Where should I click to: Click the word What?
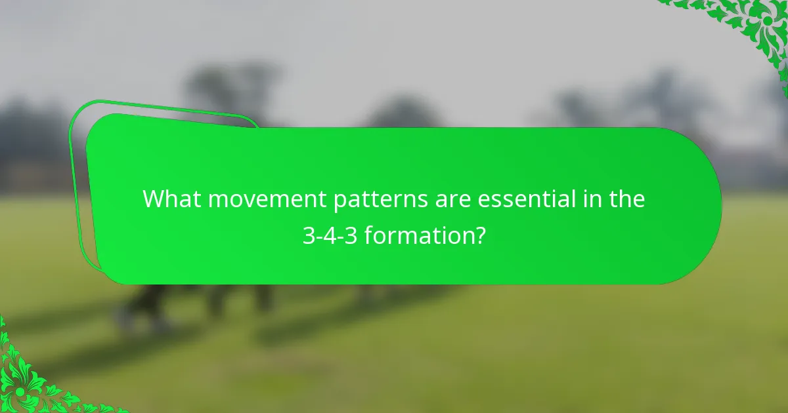tap(171, 199)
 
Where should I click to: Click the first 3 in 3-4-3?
tap(308, 235)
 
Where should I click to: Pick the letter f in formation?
tap(368, 234)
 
